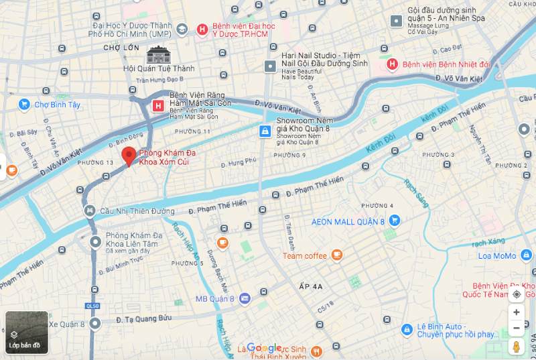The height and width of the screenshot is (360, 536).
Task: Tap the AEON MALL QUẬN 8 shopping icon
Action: click(395, 220)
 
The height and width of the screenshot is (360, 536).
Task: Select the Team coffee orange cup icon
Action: click(336, 255)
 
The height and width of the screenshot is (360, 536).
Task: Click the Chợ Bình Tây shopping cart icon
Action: click(24, 104)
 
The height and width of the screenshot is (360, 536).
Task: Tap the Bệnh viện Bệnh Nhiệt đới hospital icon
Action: click(393, 64)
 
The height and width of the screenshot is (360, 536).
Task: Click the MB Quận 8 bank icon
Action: click(245, 298)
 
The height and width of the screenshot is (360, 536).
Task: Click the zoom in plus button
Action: click(516, 312)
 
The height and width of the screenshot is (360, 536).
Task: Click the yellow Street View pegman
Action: click(516, 347)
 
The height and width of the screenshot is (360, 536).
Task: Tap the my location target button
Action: click(516, 294)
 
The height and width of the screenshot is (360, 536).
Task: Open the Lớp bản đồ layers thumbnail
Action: click(27, 333)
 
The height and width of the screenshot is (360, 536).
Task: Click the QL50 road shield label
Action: click(94, 306)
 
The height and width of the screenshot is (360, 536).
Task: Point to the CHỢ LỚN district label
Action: click(121, 48)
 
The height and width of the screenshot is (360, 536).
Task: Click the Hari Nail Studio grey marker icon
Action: click(270, 66)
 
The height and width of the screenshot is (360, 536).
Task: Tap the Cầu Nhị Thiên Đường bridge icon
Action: click(89, 211)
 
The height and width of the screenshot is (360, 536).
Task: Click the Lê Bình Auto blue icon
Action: click(406, 329)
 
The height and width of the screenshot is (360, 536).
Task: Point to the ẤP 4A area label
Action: click(310, 286)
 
